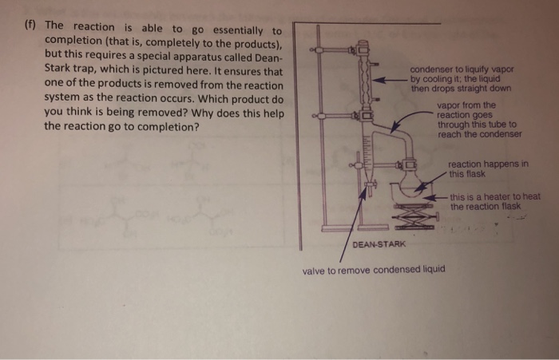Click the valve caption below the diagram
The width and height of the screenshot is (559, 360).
click(374, 270)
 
